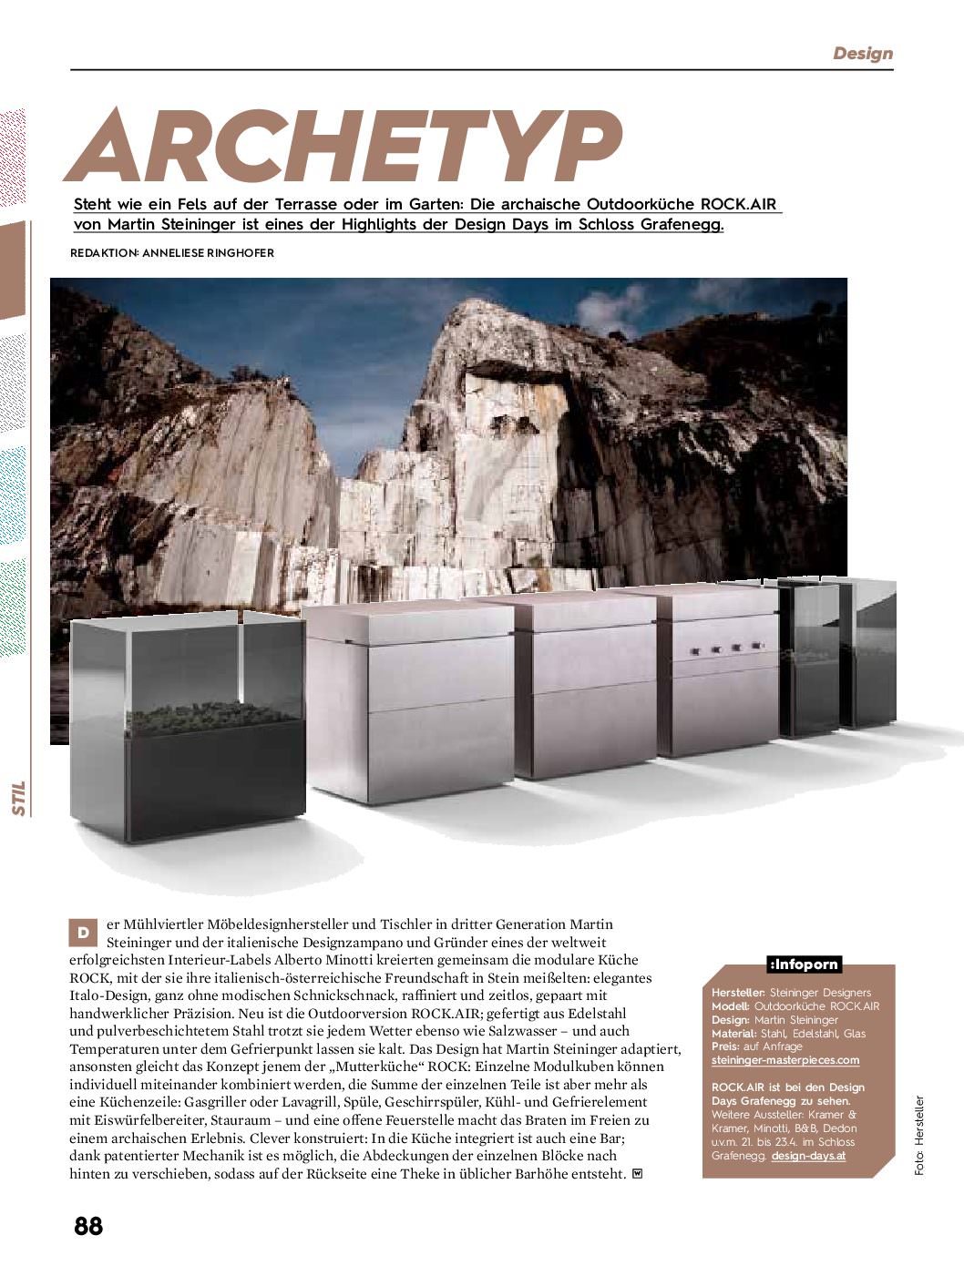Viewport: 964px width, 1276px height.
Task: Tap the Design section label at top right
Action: click(x=862, y=54)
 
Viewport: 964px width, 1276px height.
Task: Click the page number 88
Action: click(x=88, y=1226)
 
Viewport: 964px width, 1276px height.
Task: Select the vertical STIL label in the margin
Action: click(x=18, y=797)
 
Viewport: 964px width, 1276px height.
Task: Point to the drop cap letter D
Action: click(x=83, y=933)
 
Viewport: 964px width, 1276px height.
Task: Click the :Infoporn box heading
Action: click(x=803, y=965)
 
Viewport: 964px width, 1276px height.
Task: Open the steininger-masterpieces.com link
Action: click(x=785, y=1060)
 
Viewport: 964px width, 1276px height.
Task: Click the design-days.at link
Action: click(x=808, y=1156)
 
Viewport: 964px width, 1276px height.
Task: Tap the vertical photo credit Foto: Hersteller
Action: click(x=919, y=1136)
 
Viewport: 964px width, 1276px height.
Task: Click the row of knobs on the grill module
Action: click(x=725, y=648)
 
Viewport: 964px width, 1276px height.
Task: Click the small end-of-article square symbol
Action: click(x=637, y=1174)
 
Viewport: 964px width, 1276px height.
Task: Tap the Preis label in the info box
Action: click(x=725, y=1046)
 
